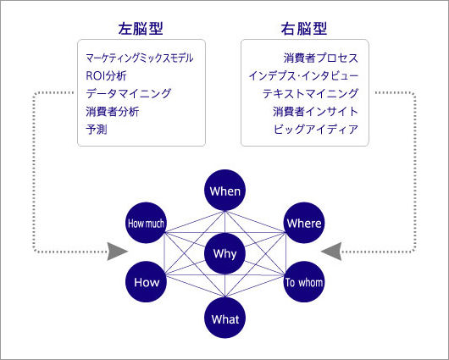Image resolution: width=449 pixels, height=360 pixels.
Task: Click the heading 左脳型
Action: (x=141, y=29)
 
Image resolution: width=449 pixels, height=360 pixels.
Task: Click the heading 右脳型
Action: (x=304, y=29)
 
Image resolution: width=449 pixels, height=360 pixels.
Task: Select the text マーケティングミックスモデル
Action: (x=140, y=58)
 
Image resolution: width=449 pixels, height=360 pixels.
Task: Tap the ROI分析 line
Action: (x=106, y=76)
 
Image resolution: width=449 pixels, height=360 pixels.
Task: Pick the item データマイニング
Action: (x=128, y=94)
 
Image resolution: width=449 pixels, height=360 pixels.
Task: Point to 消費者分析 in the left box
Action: (x=112, y=112)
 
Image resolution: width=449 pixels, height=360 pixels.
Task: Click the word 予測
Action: (x=97, y=129)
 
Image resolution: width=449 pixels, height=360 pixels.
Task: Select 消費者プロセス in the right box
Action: (x=321, y=58)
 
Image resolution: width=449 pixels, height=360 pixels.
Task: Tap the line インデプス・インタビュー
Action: (x=303, y=76)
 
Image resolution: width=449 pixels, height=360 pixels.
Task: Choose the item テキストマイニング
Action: (x=310, y=94)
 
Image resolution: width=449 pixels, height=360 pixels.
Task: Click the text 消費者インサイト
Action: (x=315, y=112)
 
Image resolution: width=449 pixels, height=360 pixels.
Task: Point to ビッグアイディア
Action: (x=316, y=129)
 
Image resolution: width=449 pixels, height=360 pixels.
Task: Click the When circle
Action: (x=224, y=191)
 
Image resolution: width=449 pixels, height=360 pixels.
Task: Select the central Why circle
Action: (x=224, y=253)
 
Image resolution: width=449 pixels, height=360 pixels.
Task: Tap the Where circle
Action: (x=304, y=223)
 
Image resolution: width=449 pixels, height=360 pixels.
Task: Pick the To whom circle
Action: (x=304, y=282)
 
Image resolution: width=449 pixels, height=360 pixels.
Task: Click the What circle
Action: (x=224, y=318)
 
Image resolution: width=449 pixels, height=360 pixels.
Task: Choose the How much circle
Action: (x=146, y=223)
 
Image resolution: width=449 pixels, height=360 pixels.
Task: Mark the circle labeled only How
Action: (x=146, y=282)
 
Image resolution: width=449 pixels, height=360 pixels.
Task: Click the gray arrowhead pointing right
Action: (x=117, y=252)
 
